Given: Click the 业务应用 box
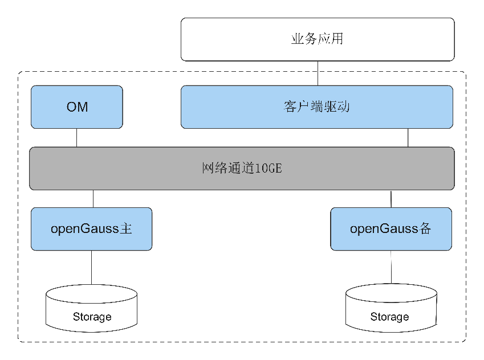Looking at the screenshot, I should point(318,39).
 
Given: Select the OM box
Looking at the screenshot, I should point(77,107).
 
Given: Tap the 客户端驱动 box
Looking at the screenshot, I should point(317,107).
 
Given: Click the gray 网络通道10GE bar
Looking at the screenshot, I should point(242,169).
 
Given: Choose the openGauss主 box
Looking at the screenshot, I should point(91,229).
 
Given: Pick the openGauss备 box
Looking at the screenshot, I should point(391,229).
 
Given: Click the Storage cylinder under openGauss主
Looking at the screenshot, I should point(91,310).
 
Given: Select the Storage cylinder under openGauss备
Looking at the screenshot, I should point(391,310).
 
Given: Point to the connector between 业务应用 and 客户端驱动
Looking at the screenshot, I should point(318,73).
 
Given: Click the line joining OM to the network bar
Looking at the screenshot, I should point(77,137).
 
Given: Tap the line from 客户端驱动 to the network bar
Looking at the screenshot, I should point(408,137).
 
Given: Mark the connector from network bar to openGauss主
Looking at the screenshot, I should point(93,198).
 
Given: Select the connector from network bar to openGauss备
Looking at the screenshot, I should point(391,198).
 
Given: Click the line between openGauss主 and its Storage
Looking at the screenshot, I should point(91,267).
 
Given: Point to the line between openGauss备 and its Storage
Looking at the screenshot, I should point(391,267).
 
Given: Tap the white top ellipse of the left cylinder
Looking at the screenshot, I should point(91,294).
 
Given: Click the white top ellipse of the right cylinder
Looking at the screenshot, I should point(391,294).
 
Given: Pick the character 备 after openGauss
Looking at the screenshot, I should point(425,229).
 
